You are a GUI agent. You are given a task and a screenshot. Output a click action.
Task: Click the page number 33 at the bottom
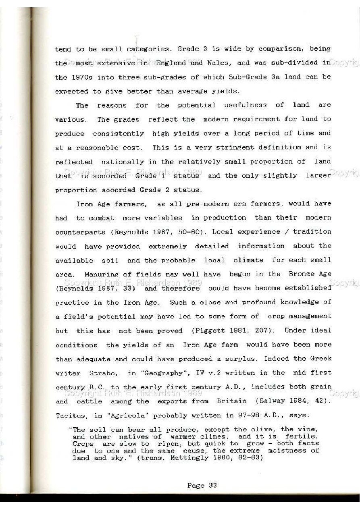pyautogui.click(x=212, y=485)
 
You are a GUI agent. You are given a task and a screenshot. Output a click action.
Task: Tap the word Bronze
pyautogui.click(x=302, y=274)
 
